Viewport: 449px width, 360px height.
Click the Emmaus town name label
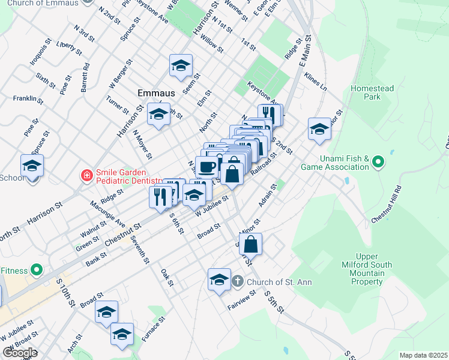(156, 93)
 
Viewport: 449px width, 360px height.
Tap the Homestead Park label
(372, 92)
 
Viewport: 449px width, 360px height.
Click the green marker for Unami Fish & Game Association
(378, 162)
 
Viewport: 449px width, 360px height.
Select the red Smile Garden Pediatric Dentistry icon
(86, 176)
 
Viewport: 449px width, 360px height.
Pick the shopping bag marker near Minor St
(252, 244)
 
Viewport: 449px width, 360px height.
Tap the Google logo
(19, 353)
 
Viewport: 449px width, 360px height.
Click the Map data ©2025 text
(423, 355)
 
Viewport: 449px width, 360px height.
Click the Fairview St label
(242, 300)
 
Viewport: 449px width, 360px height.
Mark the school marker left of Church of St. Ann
(219, 279)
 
